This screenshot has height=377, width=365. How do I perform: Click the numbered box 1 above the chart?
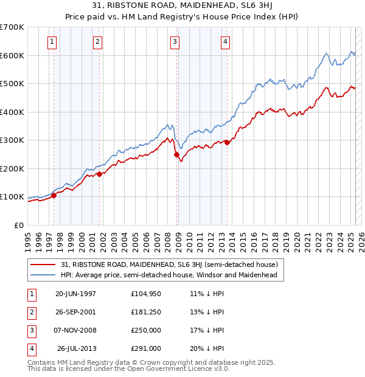pyautogui.click(x=52, y=42)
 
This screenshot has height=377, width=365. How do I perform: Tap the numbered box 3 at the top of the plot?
pyautogui.click(x=175, y=42)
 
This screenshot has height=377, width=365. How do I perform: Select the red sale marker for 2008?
pyautogui.click(x=177, y=154)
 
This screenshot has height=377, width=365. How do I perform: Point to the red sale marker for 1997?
pyautogui.click(x=54, y=195)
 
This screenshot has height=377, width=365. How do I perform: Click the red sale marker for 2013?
pyautogui.click(x=227, y=143)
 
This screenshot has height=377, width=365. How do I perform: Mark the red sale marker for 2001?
pyautogui.click(x=99, y=174)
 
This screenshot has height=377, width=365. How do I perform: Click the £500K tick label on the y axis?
pyautogui.click(x=12, y=84)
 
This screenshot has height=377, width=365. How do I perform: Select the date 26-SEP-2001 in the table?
pyautogui.click(x=75, y=312)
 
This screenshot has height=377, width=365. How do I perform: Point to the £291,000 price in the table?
pyautogui.click(x=146, y=348)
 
